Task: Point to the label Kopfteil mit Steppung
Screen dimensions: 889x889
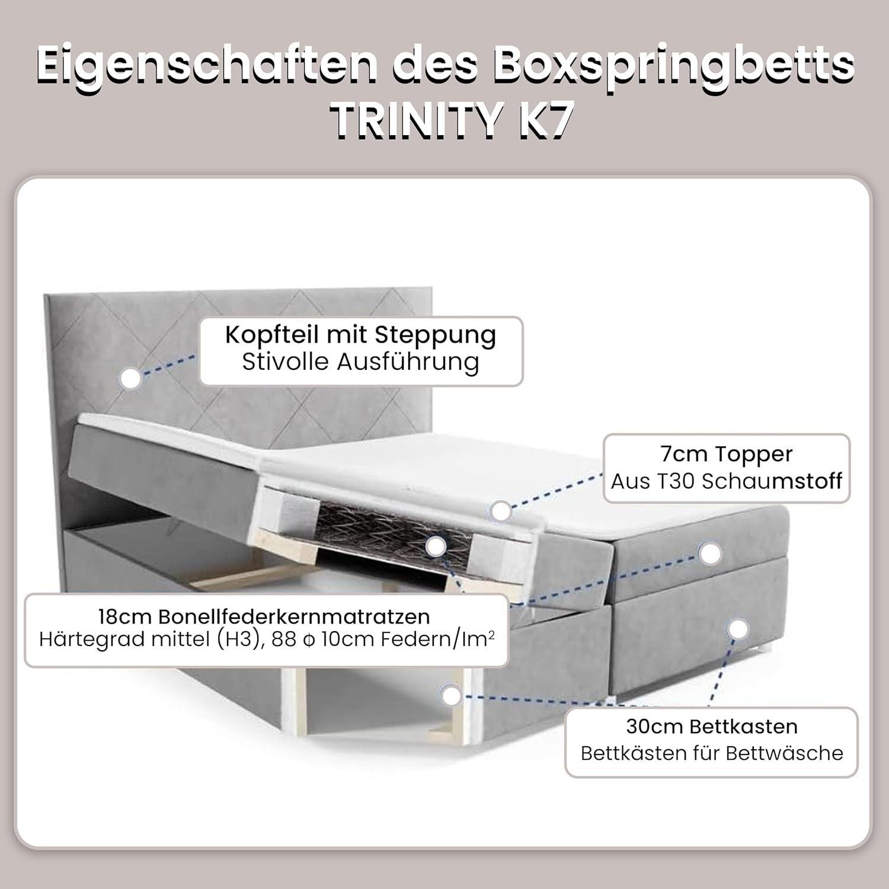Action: (x=360, y=335)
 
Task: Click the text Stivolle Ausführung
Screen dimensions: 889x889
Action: (x=360, y=362)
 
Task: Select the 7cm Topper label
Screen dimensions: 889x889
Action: (x=726, y=454)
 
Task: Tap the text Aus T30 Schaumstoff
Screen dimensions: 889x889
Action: (x=726, y=481)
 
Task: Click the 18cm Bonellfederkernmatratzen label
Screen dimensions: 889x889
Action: (x=264, y=616)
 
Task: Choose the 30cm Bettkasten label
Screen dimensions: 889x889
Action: (x=712, y=726)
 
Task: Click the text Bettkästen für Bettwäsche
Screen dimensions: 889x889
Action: (x=712, y=753)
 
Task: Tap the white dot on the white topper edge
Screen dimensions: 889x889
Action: (x=501, y=511)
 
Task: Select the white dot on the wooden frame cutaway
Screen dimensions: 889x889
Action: (x=452, y=696)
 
